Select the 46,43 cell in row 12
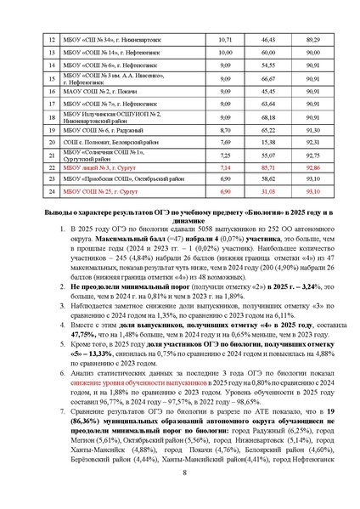pyautogui.click(x=268, y=40)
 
